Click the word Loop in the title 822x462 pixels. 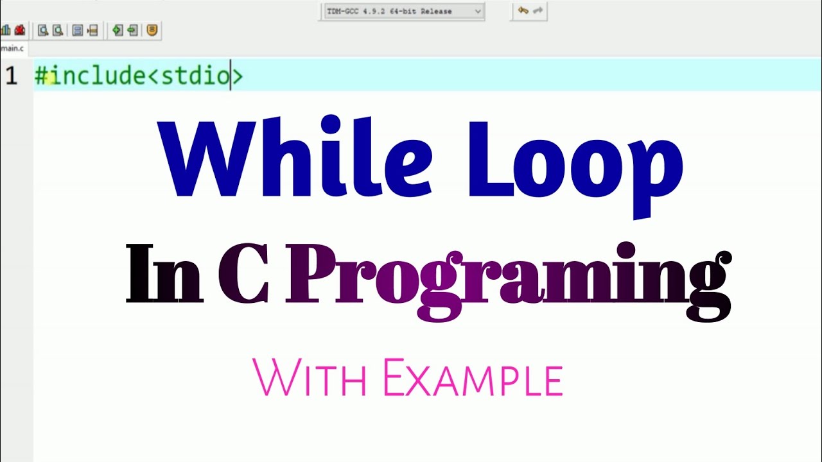coord(575,160)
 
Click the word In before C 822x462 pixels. coord(164,275)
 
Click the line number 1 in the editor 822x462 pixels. coord(11,76)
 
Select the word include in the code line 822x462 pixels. coord(98,76)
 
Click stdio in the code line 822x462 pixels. coord(195,76)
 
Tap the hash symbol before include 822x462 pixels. coord(41,76)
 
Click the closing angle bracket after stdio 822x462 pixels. coord(237,76)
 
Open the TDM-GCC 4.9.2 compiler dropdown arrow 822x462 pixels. coord(477,11)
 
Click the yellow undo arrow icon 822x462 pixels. coord(523,10)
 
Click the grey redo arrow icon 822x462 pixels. coord(538,10)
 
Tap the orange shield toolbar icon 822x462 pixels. coord(152,30)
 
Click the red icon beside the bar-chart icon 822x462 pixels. coord(19,30)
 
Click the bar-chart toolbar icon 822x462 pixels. coord(6,30)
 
